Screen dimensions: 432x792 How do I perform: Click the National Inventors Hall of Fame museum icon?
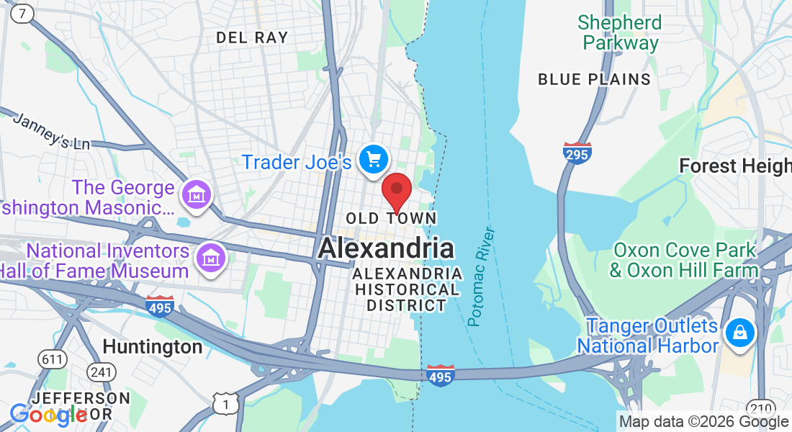pos(210,257)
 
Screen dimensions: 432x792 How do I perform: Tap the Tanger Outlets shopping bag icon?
pos(739,333)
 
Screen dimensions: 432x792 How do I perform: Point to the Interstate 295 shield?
pos(577,153)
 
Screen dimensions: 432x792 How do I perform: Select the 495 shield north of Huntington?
pos(159,306)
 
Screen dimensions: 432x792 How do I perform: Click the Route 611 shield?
pos(54,358)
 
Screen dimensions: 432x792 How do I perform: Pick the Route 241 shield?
pos(101,372)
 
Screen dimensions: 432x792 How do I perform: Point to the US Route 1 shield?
pos(225,404)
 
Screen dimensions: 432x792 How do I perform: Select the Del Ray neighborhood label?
pos(252,37)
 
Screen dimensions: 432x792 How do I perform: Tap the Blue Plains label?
pos(594,79)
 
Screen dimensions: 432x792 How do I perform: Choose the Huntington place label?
pos(153,347)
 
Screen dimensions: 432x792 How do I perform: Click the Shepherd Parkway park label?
pos(620,32)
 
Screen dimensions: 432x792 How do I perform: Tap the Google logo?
pos(48,414)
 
